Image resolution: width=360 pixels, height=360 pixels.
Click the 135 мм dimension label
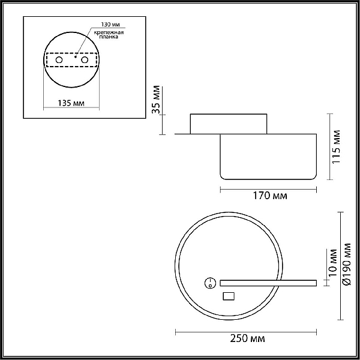click(71, 103)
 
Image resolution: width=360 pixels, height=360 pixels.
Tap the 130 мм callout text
click(110, 25)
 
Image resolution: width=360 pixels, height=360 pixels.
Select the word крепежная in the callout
click(109, 32)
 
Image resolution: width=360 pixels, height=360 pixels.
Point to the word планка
click(109, 37)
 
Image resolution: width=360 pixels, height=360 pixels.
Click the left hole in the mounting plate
click(59, 60)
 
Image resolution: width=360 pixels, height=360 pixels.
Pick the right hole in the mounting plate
click(85, 60)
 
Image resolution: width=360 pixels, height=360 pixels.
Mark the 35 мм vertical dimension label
click(156, 99)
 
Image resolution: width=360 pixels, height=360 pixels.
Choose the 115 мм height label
click(337, 147)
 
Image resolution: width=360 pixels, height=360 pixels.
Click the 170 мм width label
click(270, 196)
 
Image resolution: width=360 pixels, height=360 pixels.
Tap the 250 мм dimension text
click(247, 338)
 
